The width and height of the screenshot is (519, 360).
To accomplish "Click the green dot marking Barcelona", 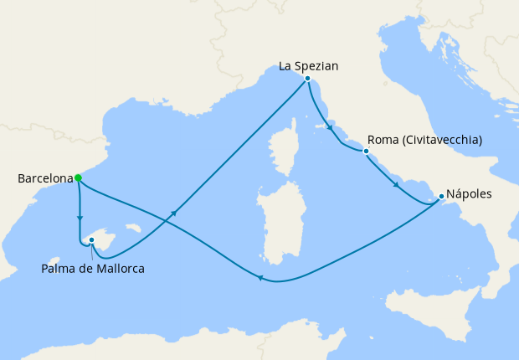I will [x=78, y=177].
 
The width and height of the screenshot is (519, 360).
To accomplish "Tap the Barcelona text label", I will [x=44, y=178].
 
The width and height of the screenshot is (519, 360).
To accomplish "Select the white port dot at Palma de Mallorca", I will [x=92, y=240].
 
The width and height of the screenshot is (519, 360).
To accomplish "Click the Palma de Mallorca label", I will [x=93, y=269].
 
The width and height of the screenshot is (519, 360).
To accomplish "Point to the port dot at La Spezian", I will [x=308, y=79].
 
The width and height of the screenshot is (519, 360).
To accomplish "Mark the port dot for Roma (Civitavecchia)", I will [x=366, y=152].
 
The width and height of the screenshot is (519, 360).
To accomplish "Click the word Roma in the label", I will [x=384, y=140].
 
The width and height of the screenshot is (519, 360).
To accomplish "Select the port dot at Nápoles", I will [x=441, y=197].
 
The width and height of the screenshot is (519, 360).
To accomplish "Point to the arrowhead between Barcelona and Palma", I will [x=80, y=219].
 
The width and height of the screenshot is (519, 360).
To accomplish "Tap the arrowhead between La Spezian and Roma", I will [x=329, y=129].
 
